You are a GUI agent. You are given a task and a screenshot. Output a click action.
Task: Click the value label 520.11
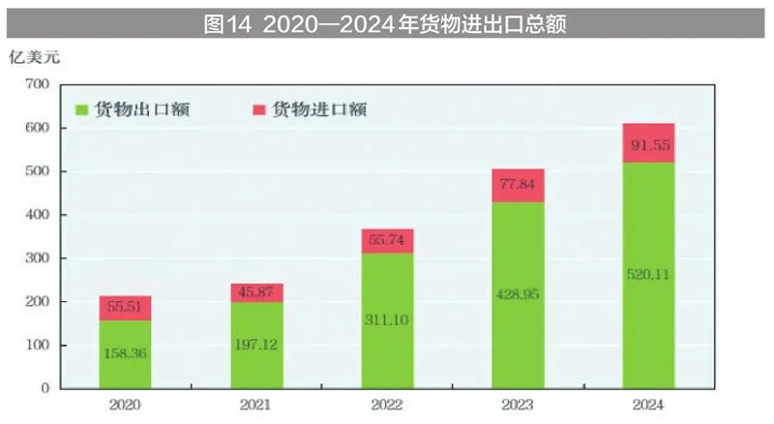(x=648, y=274)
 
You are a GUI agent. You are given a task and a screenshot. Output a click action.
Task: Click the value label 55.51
(x=125, y=305)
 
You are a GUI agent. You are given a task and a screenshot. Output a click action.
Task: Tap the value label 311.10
(x=387, y=318)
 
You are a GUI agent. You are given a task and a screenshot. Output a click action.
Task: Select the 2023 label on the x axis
(x=518, y=405)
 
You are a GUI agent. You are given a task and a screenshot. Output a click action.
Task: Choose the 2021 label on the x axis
(x=256, y=405)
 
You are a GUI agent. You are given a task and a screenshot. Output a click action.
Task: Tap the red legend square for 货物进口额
(x=259, y=109)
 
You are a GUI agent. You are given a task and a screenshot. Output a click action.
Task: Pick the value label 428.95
(x=518, y=292)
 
